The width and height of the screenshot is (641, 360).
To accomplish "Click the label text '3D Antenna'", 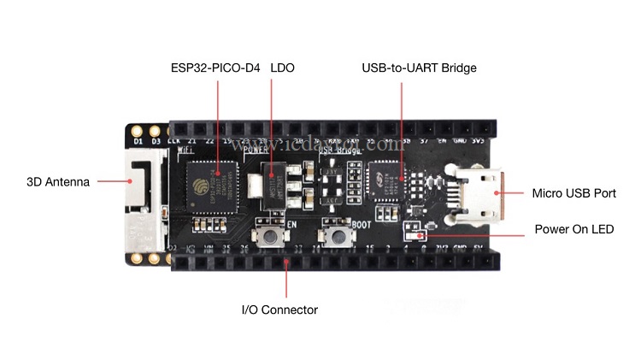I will (59, 181).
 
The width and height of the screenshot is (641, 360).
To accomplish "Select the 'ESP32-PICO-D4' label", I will (215, 68).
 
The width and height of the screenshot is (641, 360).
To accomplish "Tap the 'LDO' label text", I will (282, 68).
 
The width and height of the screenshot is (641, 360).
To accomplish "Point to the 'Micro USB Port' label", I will (573, 193).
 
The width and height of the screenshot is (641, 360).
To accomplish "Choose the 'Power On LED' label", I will (574, 230).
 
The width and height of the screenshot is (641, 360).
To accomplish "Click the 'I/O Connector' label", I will (279, 310).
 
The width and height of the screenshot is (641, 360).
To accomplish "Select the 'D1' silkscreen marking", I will (138, 139).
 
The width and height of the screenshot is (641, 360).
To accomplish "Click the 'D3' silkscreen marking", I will (156, 139).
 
